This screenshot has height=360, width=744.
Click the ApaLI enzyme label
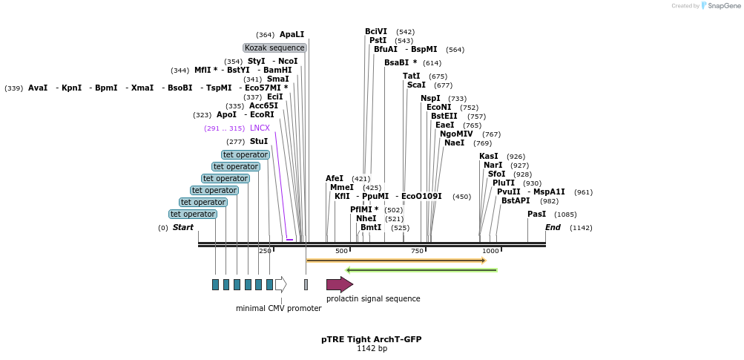(292, 35)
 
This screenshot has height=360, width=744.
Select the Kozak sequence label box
(274, 48)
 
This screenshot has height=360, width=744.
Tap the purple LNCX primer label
(260, 128)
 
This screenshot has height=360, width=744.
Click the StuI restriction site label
(259, 141)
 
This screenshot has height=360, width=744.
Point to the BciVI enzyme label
(376, 31)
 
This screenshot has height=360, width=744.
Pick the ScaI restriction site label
(416, 85)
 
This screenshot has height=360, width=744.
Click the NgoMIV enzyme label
(456, 134)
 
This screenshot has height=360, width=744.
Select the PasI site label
(536, 215)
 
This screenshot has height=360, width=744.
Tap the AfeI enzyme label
(335, 178)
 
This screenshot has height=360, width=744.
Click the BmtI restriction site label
(371, 227)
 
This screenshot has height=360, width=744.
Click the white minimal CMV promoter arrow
(280, 284)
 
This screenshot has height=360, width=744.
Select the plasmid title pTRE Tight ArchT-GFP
(371, 339)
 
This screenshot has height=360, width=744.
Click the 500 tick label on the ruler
(341, 251)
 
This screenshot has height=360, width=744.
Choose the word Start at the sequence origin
(182, 227)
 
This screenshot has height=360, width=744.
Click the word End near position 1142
(553, 227)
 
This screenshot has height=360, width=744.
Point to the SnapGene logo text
(723, 6)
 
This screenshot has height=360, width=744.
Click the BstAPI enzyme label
(516, 201)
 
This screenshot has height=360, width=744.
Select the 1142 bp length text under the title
(372, 348)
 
